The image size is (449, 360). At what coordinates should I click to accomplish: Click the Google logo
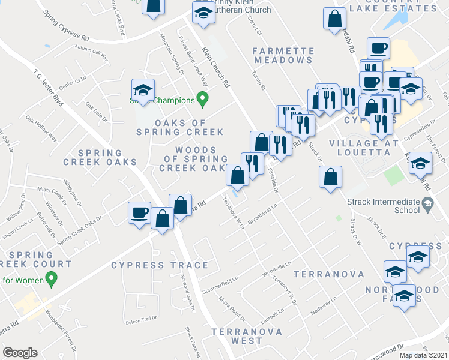pos(20,353)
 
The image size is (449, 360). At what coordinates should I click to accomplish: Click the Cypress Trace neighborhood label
pos(160,265)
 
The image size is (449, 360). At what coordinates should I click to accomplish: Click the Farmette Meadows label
pos(283,55)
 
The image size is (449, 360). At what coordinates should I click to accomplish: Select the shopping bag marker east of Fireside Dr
pos(330,177)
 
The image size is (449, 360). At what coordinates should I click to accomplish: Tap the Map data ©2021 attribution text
pos(423,355)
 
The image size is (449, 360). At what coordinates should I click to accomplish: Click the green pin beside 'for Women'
pos(52,279)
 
